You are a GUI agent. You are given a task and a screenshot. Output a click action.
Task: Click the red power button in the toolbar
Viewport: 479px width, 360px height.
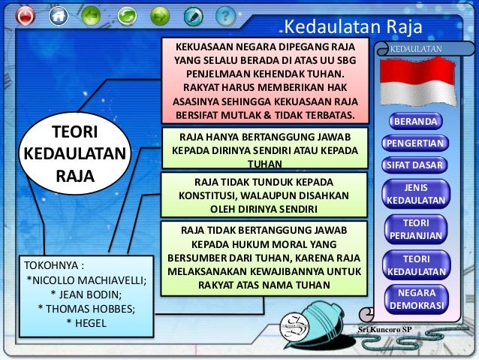click(25, 15)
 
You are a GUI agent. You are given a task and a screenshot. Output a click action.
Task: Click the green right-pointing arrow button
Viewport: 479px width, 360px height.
click(159, 15)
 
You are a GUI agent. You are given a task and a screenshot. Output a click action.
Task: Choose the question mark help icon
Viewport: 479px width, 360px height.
click(224, 15)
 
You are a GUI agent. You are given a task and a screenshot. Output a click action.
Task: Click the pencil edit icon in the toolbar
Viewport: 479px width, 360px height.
click(193, 15)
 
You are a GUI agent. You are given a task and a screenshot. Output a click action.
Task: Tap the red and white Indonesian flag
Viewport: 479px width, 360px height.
click(417, 80)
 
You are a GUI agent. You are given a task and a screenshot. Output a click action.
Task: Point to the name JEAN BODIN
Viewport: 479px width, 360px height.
click(86, 295)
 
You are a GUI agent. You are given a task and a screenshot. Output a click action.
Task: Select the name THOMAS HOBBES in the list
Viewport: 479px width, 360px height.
click(86, 309)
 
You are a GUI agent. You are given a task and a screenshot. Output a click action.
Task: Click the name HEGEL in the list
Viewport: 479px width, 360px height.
click(86, 323)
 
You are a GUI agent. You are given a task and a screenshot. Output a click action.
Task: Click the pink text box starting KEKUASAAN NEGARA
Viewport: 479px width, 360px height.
click(265, 80)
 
